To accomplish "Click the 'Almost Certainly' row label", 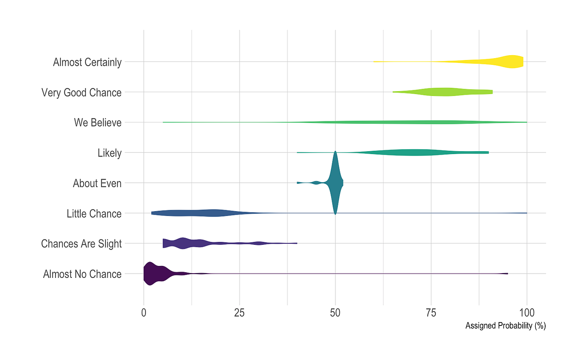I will (87, 62).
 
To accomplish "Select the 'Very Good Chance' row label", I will (81, 92).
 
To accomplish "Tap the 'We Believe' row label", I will (97, 122).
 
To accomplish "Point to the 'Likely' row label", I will (109, 153).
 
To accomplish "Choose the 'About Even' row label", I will (97, 183).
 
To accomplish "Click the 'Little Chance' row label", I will (94, 214).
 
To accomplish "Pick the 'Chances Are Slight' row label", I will (81, 244).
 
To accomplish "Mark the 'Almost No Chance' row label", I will (82, 274).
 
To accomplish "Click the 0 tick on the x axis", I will (144, 312).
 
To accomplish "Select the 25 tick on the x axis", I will (240, 312).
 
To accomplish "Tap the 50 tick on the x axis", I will (335, 312).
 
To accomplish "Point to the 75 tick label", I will (431, 312).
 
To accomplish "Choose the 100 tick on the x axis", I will (527, 312).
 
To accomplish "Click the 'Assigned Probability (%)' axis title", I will (505, 326).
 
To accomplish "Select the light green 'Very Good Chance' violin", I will (442, 92).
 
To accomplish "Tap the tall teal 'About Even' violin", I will (335, 183).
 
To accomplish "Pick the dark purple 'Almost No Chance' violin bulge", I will (150, 274).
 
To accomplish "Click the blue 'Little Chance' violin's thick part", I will (211, 213).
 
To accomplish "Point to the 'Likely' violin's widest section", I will (413, 153).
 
